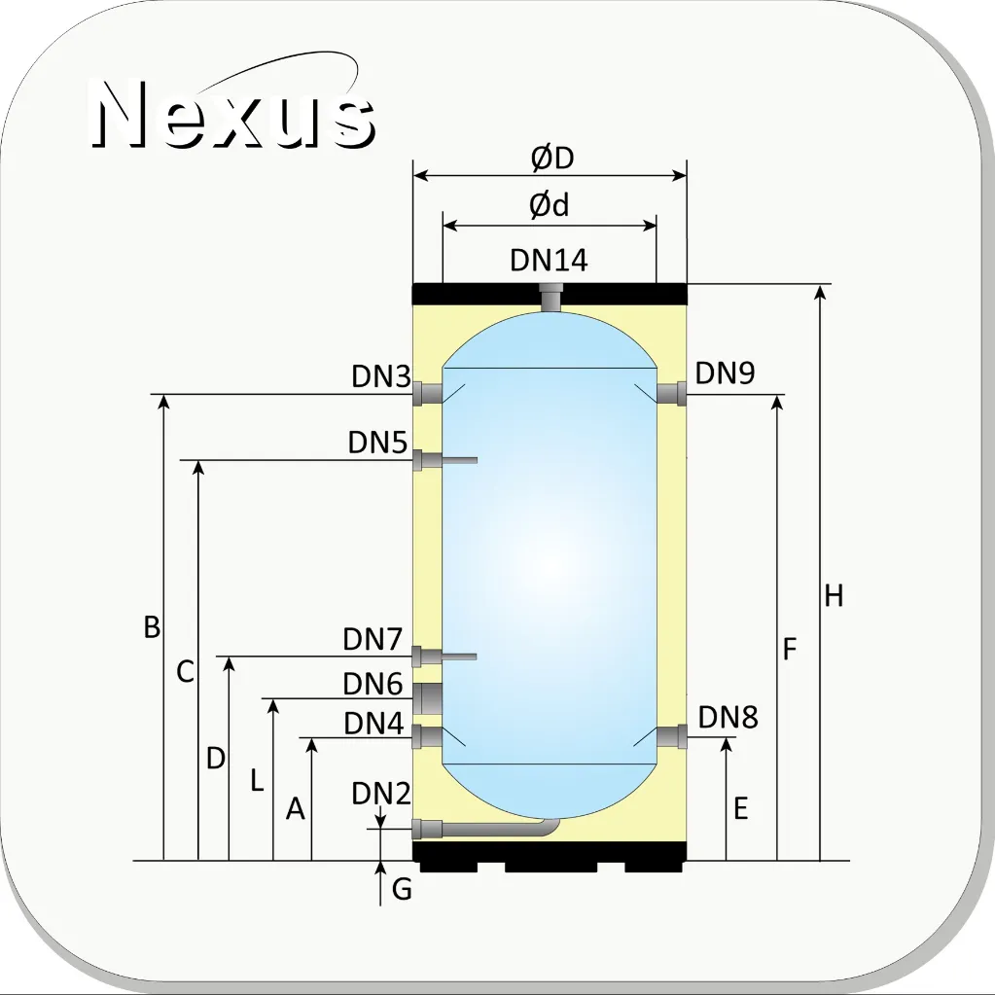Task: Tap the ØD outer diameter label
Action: click(552, 158)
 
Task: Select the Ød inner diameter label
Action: click(549, 205)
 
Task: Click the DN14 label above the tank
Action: click(549, 260)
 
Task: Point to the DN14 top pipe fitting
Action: click(551, 297)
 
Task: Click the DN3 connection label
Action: click(381, 376)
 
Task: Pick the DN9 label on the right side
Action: click(725, 373)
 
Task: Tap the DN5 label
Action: click(377, 443)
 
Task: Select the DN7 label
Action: click(373, 639)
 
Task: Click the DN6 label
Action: click(373, 684)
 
